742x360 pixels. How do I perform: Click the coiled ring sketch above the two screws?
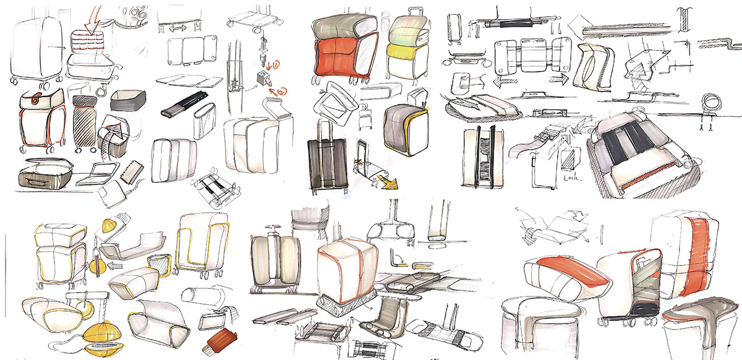[708, 104]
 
